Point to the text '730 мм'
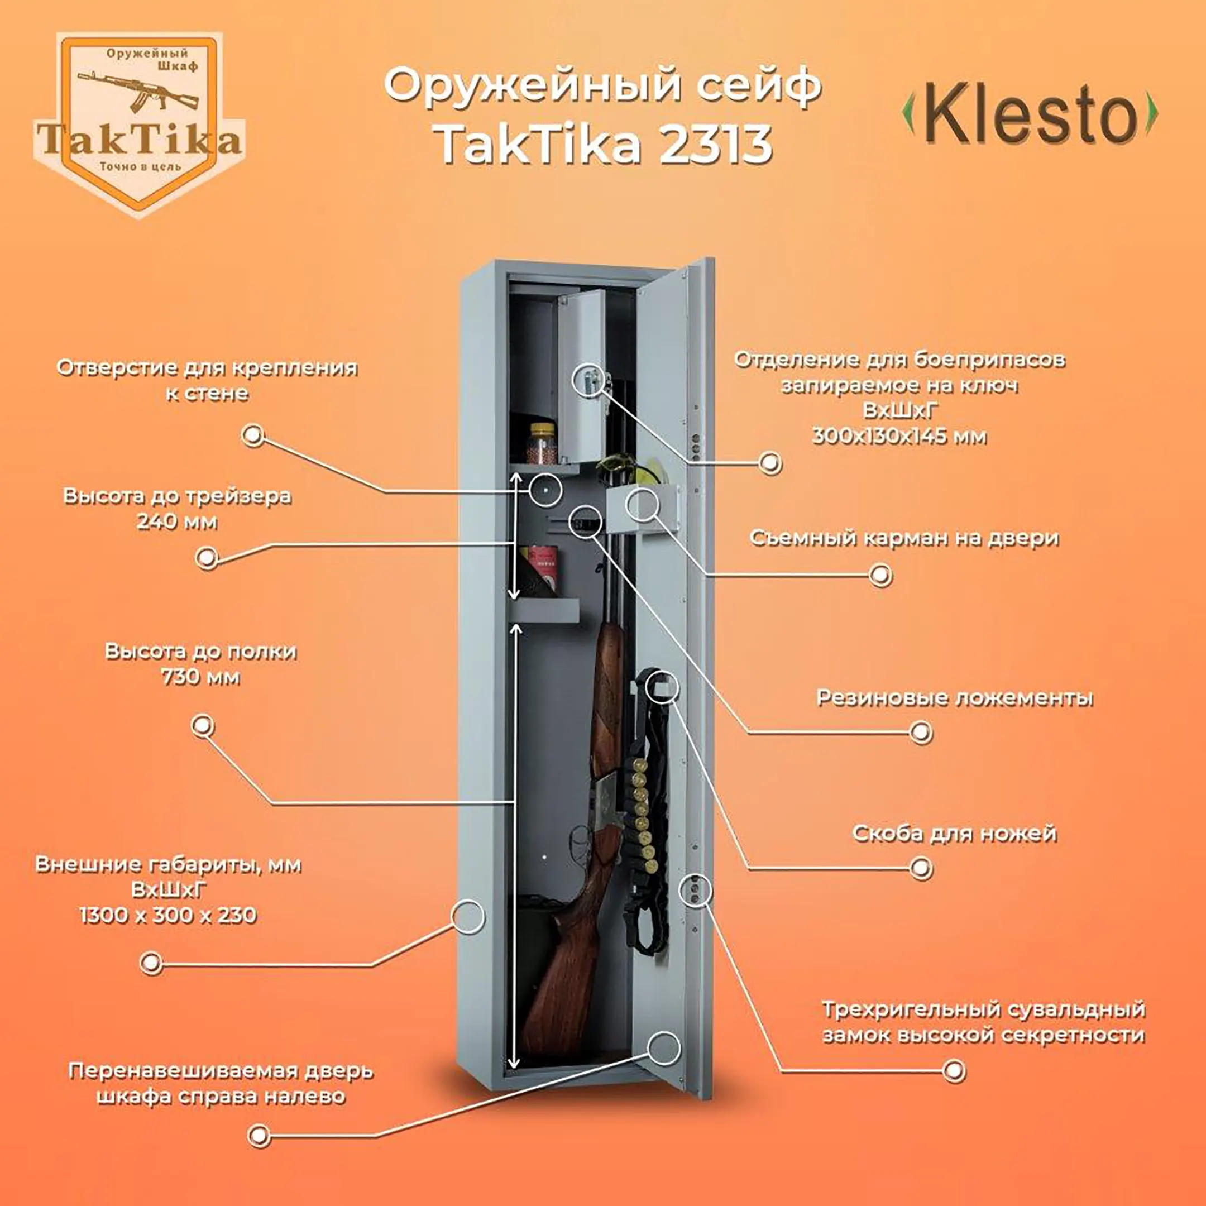200,677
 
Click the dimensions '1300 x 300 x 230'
168,915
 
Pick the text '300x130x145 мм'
899,435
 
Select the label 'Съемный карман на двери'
904,538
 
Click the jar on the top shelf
543,443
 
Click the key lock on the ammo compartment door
588,379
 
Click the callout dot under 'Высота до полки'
202,725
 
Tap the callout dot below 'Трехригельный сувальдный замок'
953,1071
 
